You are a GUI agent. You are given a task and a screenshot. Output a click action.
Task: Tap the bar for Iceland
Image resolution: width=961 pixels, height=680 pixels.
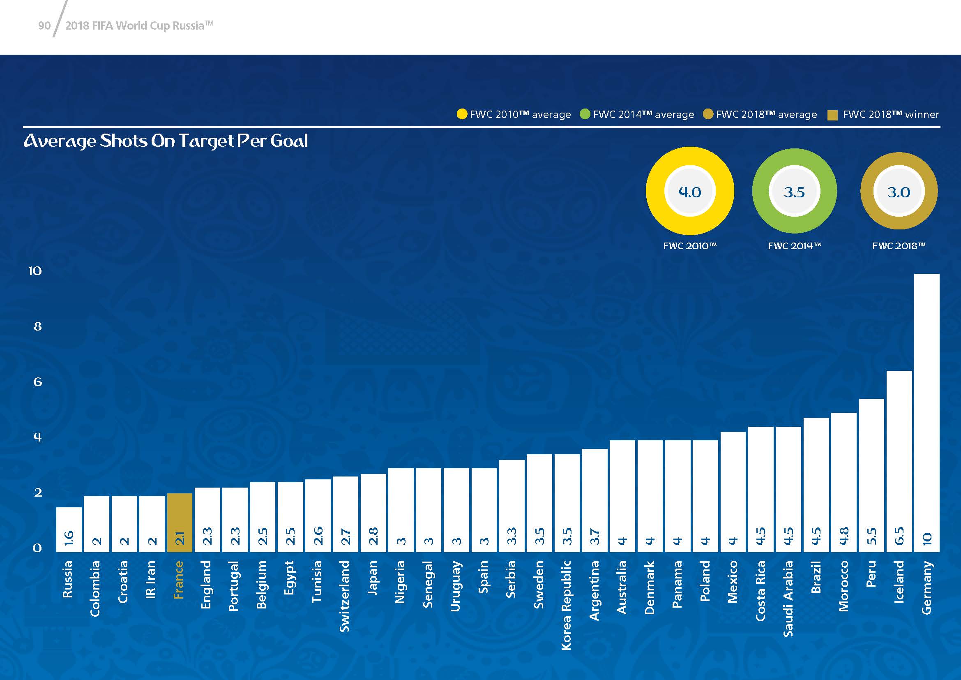(x=899, y=460)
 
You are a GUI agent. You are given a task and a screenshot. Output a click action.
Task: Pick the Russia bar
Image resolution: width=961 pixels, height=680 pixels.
(x=69, y=529)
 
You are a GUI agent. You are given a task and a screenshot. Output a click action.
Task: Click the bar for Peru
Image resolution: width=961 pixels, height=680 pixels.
(x=871, y=475)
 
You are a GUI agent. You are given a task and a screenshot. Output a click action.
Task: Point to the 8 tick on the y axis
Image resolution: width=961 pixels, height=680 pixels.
(x=38, y=326)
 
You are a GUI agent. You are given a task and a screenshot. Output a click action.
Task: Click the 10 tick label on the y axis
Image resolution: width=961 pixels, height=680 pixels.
(x=35, y=271)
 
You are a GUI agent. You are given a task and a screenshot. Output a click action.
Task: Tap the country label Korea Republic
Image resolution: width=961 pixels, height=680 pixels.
(x=566, y=605)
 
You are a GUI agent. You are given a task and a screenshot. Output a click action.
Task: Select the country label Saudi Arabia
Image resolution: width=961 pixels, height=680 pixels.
(x=788, y=599)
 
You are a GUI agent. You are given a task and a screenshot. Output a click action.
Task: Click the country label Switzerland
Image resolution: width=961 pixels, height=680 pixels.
(x=344, y=596)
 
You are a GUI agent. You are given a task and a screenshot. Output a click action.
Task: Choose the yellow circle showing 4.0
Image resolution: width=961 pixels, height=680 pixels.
(x=690, y=191)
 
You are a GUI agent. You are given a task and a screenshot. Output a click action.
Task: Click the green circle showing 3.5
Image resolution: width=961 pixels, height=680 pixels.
(x=794, y=191)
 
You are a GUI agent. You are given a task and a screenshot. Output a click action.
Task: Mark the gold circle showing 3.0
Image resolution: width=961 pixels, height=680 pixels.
(x=899, y=191)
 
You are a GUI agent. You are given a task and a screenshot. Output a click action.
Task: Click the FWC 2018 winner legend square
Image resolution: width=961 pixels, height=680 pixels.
(x=832, y=115)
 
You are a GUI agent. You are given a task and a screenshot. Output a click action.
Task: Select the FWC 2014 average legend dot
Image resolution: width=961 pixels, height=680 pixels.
(x=585, y=114)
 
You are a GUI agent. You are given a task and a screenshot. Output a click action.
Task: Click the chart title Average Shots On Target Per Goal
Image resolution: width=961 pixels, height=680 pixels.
(x=166, y=141)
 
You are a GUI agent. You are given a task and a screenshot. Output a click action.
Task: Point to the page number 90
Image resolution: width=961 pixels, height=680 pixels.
(x=44, y=26)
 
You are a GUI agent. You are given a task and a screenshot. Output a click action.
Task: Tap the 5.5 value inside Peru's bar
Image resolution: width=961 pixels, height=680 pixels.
(x=871, y=537)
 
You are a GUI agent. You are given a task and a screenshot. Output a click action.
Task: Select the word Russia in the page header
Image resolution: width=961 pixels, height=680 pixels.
(x=188, y=26)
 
